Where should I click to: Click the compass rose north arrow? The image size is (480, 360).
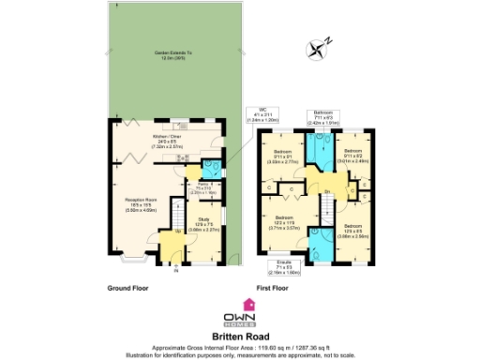tap(325, 41)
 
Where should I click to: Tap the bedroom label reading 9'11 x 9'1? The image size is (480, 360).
tap(282, 157)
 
